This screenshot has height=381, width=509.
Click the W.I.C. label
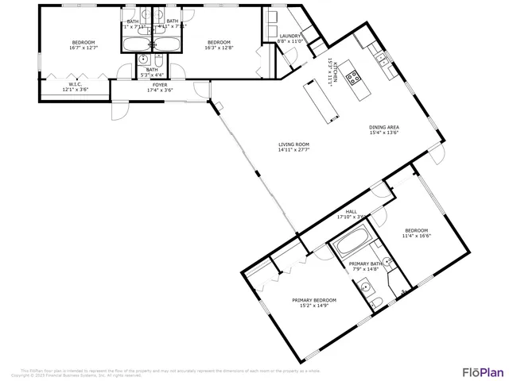[76, 84]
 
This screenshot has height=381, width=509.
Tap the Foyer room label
[160, 84]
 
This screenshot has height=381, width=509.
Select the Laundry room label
[289, 36]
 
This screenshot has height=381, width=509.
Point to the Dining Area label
[383, 128]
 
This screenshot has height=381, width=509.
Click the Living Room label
[293, 144]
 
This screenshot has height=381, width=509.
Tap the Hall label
[351, 211]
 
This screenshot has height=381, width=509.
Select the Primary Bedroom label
[313, 300]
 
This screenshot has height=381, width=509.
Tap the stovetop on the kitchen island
[354, 78]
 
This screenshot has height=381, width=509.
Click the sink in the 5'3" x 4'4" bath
[143, 60]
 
